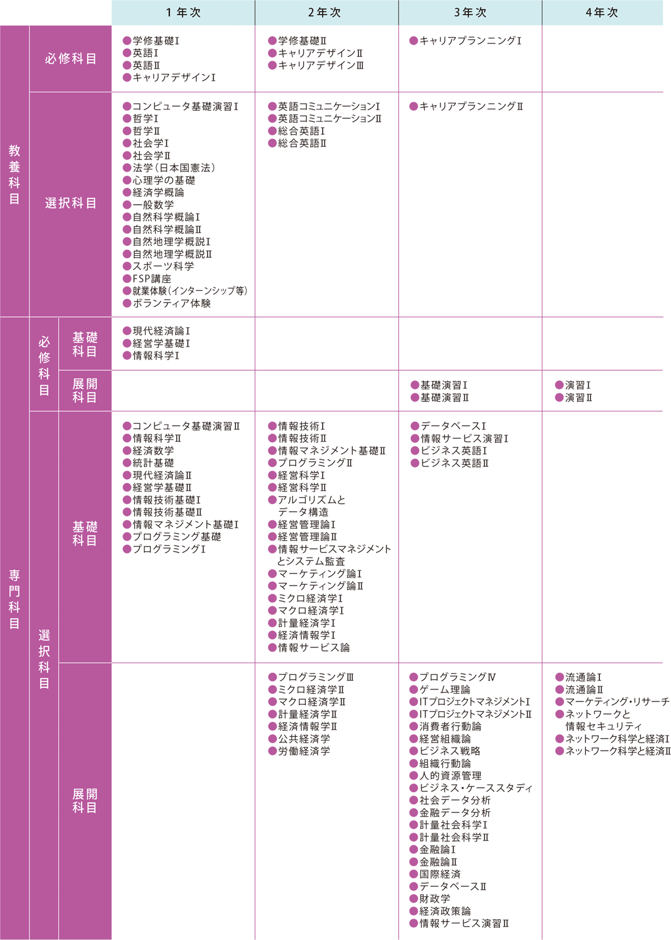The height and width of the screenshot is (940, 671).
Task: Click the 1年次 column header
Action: [x=183, y=13]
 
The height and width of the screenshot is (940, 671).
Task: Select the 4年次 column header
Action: [x=602, y=13]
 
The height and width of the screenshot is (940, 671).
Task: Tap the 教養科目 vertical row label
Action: [x=15, y=174]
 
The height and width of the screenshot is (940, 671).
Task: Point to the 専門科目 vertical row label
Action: [x=15, y=599]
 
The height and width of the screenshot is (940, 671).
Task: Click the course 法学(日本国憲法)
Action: [x=174, y=168]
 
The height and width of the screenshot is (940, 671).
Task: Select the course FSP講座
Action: [x=152, y=278]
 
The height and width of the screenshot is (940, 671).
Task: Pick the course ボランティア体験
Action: [x=172, y=304]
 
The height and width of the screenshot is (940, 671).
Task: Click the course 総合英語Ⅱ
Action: [x=302, y=143]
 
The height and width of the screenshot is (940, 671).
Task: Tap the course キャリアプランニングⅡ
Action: [x=471, y=107]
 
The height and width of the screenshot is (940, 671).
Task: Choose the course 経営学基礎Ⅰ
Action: [x=162, y=343]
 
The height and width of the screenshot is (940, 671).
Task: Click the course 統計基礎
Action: [x=153, y=463]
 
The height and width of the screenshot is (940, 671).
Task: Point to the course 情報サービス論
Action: [x=314, y=648]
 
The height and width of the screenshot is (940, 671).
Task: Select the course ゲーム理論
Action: [x=445, y=689]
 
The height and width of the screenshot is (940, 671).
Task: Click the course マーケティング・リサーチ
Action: [x=617, y=702]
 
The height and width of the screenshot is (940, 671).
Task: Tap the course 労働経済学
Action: [x=304, y=751]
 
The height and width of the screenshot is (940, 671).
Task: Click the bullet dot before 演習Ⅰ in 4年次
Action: [x=559, y=385]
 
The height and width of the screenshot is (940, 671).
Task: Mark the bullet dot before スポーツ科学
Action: [x=127, y=266]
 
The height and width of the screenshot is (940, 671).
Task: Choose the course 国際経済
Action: [x=440, y=874]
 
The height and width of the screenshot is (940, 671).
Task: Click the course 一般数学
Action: [x=153, y=205]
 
